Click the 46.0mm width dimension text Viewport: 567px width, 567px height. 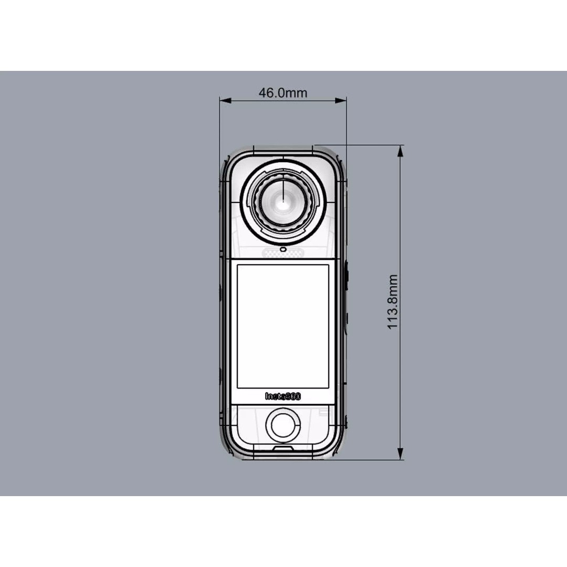tap(282, 93)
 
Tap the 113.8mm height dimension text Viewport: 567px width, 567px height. tap(393, 302)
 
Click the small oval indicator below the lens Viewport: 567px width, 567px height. tap(283, 249)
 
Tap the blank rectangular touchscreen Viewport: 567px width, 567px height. tap(283, 326)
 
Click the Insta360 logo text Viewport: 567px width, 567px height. tap(283, 396)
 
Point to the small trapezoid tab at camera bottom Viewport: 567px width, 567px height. tap(283, 448)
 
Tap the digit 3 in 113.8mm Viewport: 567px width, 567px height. tap(393, 312)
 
